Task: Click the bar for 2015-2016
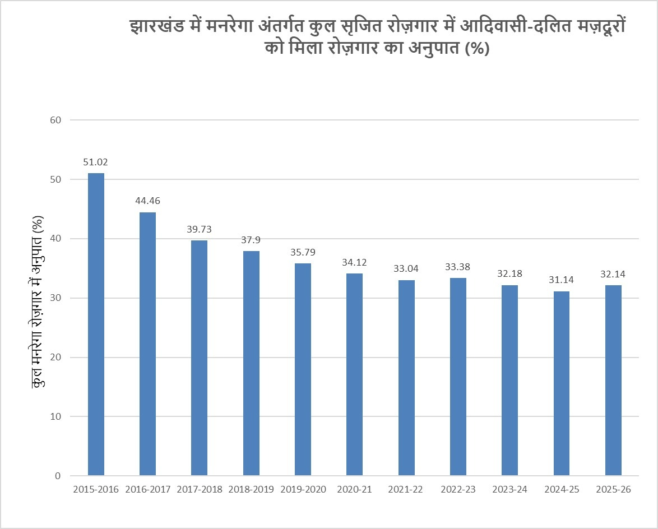[96, 324]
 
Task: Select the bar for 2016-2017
[147, 344]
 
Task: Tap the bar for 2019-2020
[303, 369]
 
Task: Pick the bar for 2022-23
[458, 377]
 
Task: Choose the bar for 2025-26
[613, 380]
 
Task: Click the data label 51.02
[96, 163]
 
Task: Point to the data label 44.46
[147, 201]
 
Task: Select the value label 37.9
[251, 239]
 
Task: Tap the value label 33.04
[406, 268]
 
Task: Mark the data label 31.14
[562, 280]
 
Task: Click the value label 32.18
[510, 274]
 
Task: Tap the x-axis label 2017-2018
[200, 489]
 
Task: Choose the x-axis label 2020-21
[355, 489]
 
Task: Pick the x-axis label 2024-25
[562, 489]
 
